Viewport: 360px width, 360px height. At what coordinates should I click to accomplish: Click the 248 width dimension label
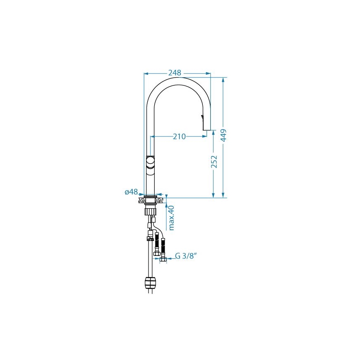coord(175,73)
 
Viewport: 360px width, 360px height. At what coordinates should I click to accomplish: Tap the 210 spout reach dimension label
coord(179,136)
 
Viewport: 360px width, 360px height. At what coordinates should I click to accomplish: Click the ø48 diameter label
coord(131,192)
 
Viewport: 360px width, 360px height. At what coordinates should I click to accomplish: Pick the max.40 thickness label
coord(171,218)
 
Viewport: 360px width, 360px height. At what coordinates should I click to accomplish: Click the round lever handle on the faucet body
coord(151,161)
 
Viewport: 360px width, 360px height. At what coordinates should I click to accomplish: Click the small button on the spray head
coord(202,117)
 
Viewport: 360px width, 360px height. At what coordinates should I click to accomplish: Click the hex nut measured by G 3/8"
coord(163,260)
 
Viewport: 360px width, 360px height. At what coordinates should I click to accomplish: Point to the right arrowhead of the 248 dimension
coord(209,74)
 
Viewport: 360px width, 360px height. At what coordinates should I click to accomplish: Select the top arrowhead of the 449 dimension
coord(224,79)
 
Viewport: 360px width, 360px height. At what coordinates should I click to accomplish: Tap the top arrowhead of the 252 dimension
coord(214,131)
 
